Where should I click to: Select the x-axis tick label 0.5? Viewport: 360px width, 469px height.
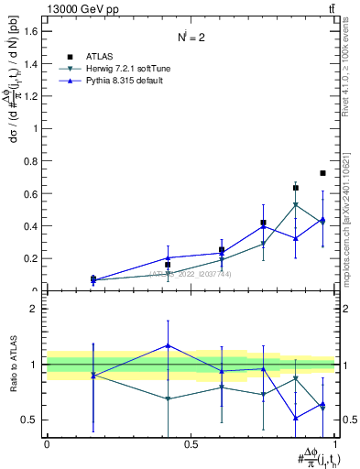point(191,444)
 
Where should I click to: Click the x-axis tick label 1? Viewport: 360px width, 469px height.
point(335,444)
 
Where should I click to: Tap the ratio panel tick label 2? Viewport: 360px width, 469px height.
point(35,309)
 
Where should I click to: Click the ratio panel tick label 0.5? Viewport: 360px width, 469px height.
point(30,420)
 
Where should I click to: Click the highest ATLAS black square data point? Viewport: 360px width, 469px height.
point(322,173)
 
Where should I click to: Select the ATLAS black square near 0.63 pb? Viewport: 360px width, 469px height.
point(295,188)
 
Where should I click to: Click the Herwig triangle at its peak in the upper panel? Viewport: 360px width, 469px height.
point(295,205)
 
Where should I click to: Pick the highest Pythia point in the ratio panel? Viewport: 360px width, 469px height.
point(167,345)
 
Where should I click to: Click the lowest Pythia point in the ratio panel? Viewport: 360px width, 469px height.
point(295,418)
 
